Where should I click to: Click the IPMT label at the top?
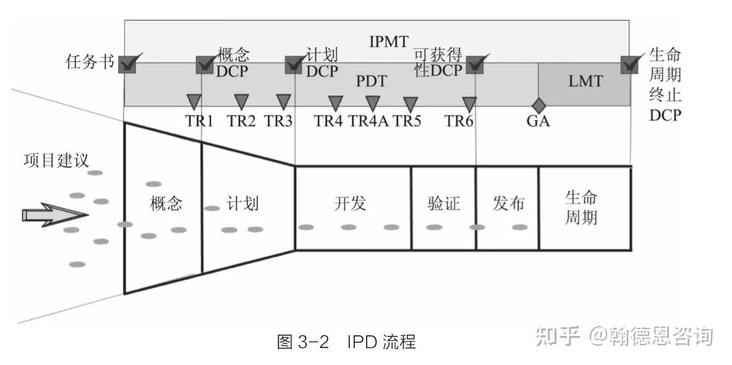pyautogui.click(x=389, y=42)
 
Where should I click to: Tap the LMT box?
pyautogui.click(x=584, y=81)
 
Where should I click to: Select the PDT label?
pyautogui.click(x=372, y=81)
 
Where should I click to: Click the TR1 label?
pyautogui.click(x=199, y=121)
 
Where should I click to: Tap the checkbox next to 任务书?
pyautogui.click(x=127, y=64)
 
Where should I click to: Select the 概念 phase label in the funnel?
pyautogui.click(x=166, y=204)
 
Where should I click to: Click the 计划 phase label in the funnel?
pyautogui.click(x=243, y=204)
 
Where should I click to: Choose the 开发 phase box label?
pyautogui.click(x=351, y=204)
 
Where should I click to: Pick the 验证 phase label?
pyautogui.click(x=443, y=204)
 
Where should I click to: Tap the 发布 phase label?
pyautogui.click(x=508, y=204)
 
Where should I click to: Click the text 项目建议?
pyautogui.click(x=56, y=160)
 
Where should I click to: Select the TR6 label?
pyautogui.click(x=459, y=121)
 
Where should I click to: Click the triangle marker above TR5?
pyautogui.click(x=410, y=103)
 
